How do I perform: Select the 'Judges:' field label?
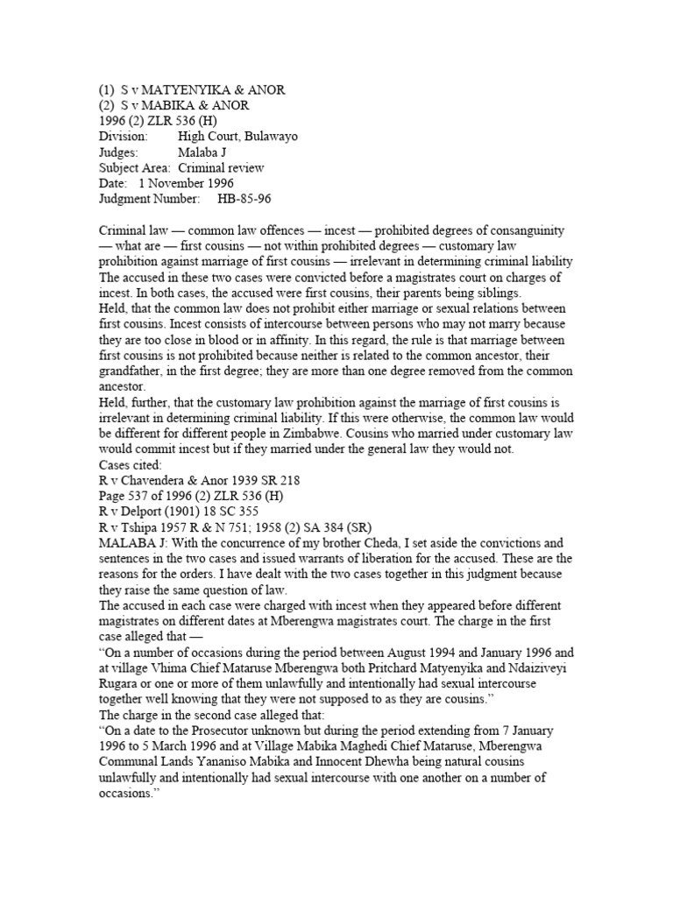pyautogui.click(x=121, y=152)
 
